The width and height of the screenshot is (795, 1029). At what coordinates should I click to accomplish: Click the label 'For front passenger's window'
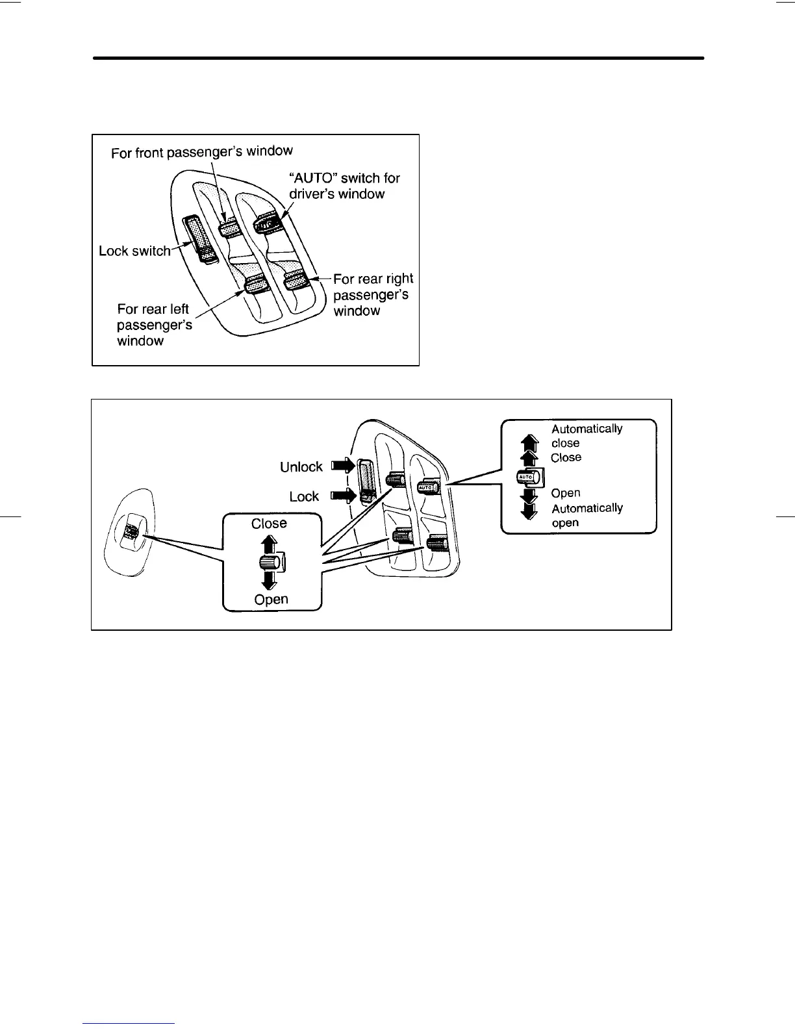[202, 152]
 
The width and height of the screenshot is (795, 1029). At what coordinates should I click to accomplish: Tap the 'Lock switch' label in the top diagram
[134, 251]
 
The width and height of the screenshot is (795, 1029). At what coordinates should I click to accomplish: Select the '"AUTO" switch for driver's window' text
[344, 186]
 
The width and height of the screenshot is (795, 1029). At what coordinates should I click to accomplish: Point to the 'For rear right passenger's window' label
[373, 294]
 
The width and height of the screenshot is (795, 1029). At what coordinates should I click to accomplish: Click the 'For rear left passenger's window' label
[155, 325]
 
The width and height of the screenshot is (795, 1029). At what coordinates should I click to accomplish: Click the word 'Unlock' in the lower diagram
[301, 467]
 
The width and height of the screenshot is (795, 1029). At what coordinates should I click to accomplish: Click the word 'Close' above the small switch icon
[269, 524]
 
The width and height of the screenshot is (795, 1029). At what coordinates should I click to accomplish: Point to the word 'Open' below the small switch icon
[271, 600]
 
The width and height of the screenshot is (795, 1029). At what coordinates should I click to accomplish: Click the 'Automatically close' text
[587, 436]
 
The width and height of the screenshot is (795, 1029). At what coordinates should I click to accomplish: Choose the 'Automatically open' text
[587, 515]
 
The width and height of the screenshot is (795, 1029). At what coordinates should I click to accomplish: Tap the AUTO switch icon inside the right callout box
[525, 477]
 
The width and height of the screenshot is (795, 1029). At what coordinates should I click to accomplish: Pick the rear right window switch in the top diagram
[296, 281]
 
